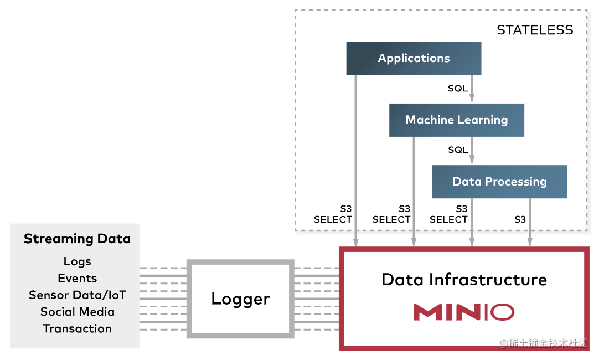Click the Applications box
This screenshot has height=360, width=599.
[x=414, y=58]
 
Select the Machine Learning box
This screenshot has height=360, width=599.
[x=456, y=120]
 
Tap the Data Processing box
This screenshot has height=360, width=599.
[x=499, y=182]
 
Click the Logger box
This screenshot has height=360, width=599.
[x=240, y=299]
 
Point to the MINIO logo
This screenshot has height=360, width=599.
[x=463, y=312]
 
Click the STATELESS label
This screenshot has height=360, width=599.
[x=535, y=30]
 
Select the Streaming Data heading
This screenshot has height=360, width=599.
[x=77, y=239]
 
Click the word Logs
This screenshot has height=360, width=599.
[x=77, y=261]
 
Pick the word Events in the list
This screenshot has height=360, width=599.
[x=77, y=278]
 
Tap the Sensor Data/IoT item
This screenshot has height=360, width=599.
[x=77, y=295]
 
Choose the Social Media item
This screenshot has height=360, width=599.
[x=77, y=312]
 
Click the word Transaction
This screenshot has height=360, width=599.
[x=77, y=328]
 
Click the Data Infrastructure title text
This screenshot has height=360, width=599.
[x=464, y=279]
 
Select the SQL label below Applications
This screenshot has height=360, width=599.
[x=458, y=88]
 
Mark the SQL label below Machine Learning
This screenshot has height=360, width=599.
[x=458, y=150]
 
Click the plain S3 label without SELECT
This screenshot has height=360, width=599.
[x=520, y=219]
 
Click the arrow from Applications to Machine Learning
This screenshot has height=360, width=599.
[x=472, y=89]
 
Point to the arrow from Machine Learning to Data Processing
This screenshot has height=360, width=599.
[x=472, y=151]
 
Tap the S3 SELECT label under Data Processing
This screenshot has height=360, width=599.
[x=449, y=214]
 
